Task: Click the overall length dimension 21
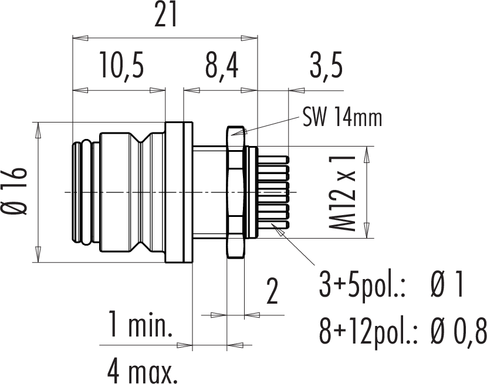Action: coord(165,15)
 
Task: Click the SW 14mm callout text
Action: coord(342,118)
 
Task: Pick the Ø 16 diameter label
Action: coord(15,192)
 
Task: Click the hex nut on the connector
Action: coord(236,192)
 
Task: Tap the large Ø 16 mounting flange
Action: coord(179,192)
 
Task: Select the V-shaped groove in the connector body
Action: coord(140,192)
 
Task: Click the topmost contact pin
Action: coord(273,160)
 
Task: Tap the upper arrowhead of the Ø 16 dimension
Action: coord(38,130)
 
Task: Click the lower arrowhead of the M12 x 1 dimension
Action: coord(367,230)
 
